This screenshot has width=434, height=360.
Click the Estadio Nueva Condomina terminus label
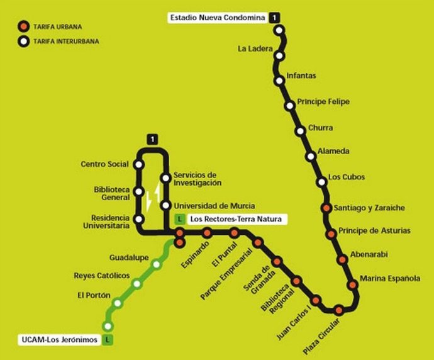click(x=218, y=18)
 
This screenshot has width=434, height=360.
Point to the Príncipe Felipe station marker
click(x=290, y=106)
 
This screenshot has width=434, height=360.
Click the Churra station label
click(x=320, y=128)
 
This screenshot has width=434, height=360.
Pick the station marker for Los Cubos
click(x=322, y=182)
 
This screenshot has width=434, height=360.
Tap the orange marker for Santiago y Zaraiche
click(x=326, y=208)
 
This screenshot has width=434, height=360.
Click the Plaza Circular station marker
click(x=339, y=309)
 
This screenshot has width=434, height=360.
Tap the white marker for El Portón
click(x=116, y=303)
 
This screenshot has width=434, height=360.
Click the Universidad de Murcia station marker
click(x=165, y=205)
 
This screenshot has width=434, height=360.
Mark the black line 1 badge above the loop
click(x=152, y=138)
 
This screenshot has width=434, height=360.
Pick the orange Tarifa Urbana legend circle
click(x=23, y=27)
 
